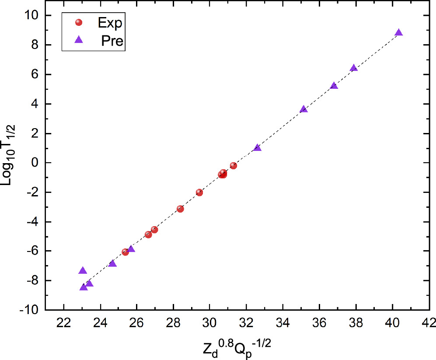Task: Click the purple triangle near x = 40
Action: [x=398, y=33]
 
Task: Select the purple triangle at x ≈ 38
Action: [x=354, y=68]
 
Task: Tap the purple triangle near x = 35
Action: [x=303, y=109]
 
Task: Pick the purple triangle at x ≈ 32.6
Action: [x=257, y=148]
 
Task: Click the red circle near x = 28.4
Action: [x=180, y=209]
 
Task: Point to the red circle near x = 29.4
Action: [x=199, y=192]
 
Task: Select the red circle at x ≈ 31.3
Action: [x=234, y=166]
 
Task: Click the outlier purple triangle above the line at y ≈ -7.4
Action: [x=83, y=271]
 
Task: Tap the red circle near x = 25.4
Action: [x=126, y=252]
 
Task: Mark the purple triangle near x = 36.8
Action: [x=334, y=86]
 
